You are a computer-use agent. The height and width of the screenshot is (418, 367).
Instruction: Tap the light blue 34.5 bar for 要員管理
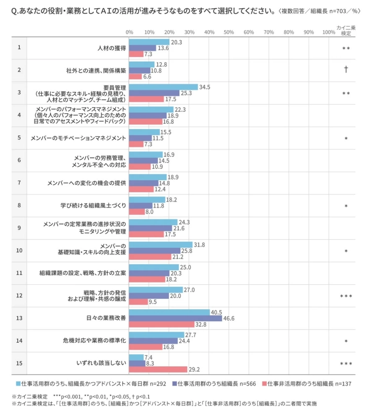(x=163, y=87)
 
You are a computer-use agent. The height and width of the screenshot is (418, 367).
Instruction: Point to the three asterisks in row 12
(x=346, y=296)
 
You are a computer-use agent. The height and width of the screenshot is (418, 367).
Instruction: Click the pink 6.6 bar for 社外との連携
(x=135, y=76)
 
